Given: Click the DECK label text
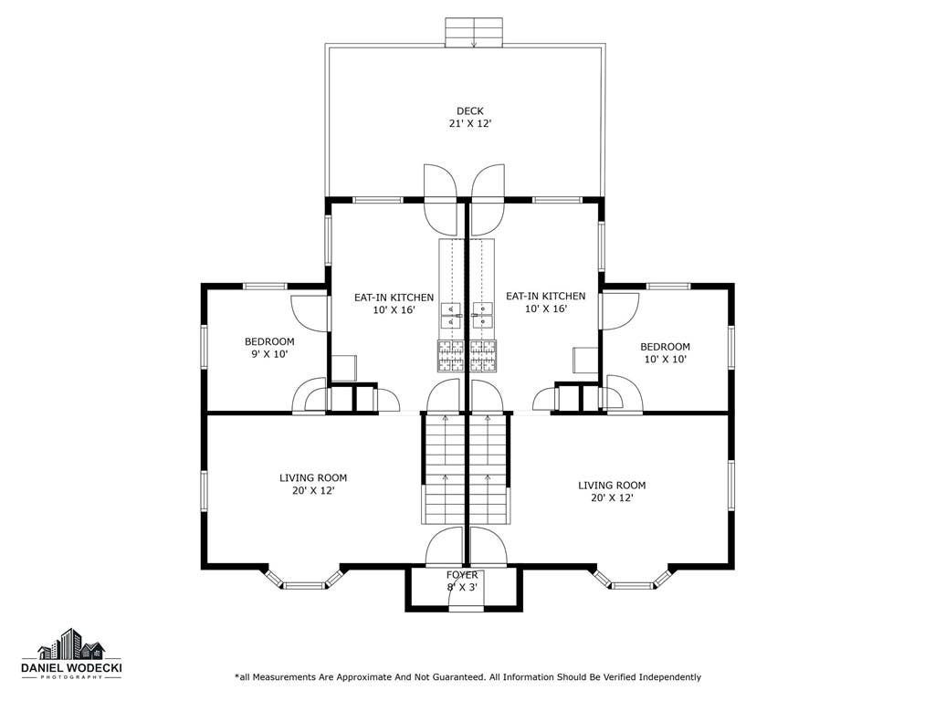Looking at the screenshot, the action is point(470,110).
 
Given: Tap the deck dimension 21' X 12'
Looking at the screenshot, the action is point(470,124).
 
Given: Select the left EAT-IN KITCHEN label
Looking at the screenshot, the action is point(394,298).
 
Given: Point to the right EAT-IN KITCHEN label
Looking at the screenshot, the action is point(546,297).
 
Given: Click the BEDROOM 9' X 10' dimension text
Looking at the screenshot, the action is point(269,354).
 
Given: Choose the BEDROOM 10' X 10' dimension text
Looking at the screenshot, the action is point(666,360).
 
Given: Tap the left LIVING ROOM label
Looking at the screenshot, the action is point(313,478).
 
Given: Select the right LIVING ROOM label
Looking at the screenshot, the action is point(612,486).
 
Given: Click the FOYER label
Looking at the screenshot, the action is point(462,575).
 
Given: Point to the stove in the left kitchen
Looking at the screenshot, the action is point(451,356).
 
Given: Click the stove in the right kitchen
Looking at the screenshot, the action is point(483,356).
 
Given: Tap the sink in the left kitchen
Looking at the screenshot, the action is point(451,315).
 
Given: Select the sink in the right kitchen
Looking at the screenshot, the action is point(482,315).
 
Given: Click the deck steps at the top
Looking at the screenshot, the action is point(474,32).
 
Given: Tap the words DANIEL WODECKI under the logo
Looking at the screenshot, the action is point(71,668).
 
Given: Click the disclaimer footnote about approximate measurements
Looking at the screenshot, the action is point(468,677).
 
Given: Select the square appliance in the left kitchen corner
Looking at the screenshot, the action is point(344,369).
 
